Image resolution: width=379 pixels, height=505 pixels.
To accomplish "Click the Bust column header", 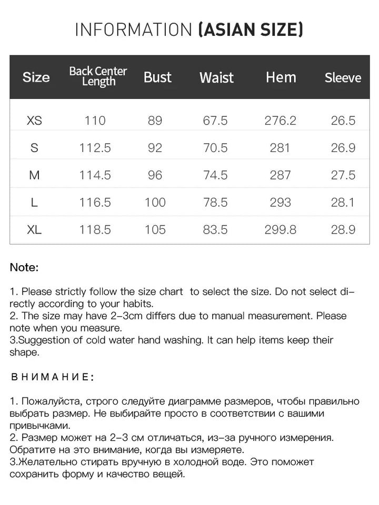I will click(x=157, y=77).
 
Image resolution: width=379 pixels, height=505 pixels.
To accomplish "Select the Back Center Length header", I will click(x=98, y=77).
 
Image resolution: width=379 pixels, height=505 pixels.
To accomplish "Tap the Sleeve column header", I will click(x=343, y=78).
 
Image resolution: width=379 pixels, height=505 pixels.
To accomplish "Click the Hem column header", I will click(x=281, y=77).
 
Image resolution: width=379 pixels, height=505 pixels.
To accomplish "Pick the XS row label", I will click(x=34, y=120).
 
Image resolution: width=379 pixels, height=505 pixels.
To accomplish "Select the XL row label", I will click(x=34, y=230).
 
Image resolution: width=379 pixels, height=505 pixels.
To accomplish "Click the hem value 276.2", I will click(x=280, y=120).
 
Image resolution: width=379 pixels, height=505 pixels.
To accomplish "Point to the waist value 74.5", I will click(x=215, y=175).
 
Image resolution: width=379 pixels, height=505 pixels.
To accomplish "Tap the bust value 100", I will click(x=155, y=203).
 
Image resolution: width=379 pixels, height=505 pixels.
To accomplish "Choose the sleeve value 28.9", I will click(x=343, y=230).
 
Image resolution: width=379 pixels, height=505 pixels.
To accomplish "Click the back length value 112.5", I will click(x=95, y=148).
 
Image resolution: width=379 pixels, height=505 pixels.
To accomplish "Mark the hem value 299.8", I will click(x=281, y=230).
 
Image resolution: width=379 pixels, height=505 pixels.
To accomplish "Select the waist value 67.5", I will click(x=215, y=120).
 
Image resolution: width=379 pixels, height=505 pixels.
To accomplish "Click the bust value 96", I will click(x=155, y=175).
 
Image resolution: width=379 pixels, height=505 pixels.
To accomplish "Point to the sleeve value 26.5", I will click(x=343, y=120).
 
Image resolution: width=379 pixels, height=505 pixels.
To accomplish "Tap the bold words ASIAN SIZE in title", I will click(x=251, y=29).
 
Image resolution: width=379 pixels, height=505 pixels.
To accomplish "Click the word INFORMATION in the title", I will click(x=134, y=29).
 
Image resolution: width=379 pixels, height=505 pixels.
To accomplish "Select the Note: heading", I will click(x=24, y=267).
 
